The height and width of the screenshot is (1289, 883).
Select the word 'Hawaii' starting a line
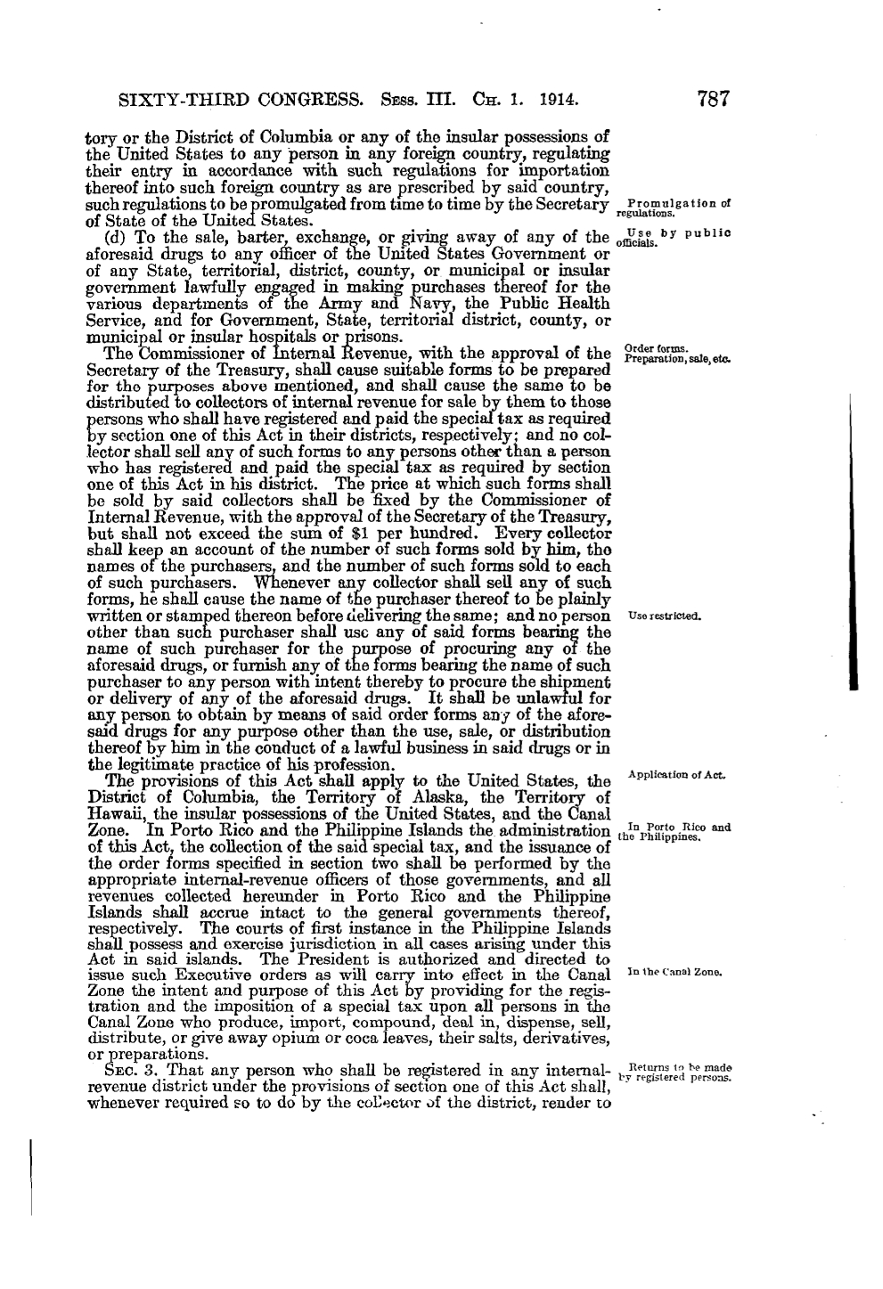pyautogui.click(x=114, y=814)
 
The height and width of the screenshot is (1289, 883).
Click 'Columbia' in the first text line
pyautogui.click(x=299, y=137)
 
